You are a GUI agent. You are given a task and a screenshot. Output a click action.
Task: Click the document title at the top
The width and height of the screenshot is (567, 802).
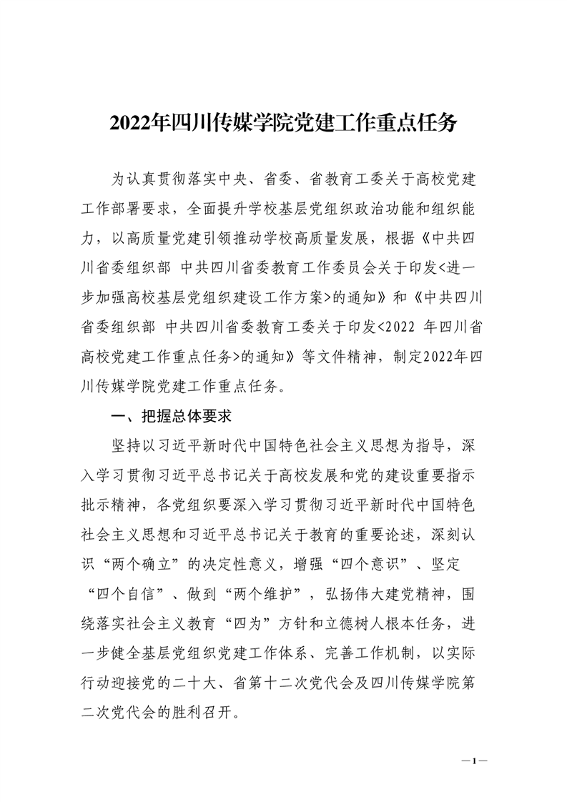(x=283, y=123)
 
